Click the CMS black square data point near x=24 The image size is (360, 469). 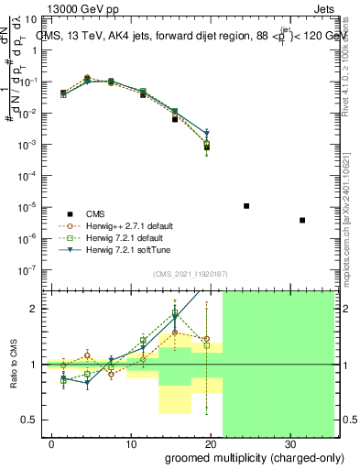pos(246,206)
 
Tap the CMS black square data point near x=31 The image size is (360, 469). pos(302,220)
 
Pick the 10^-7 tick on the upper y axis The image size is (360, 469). pos(29,269)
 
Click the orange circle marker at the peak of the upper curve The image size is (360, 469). pos(87,79)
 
